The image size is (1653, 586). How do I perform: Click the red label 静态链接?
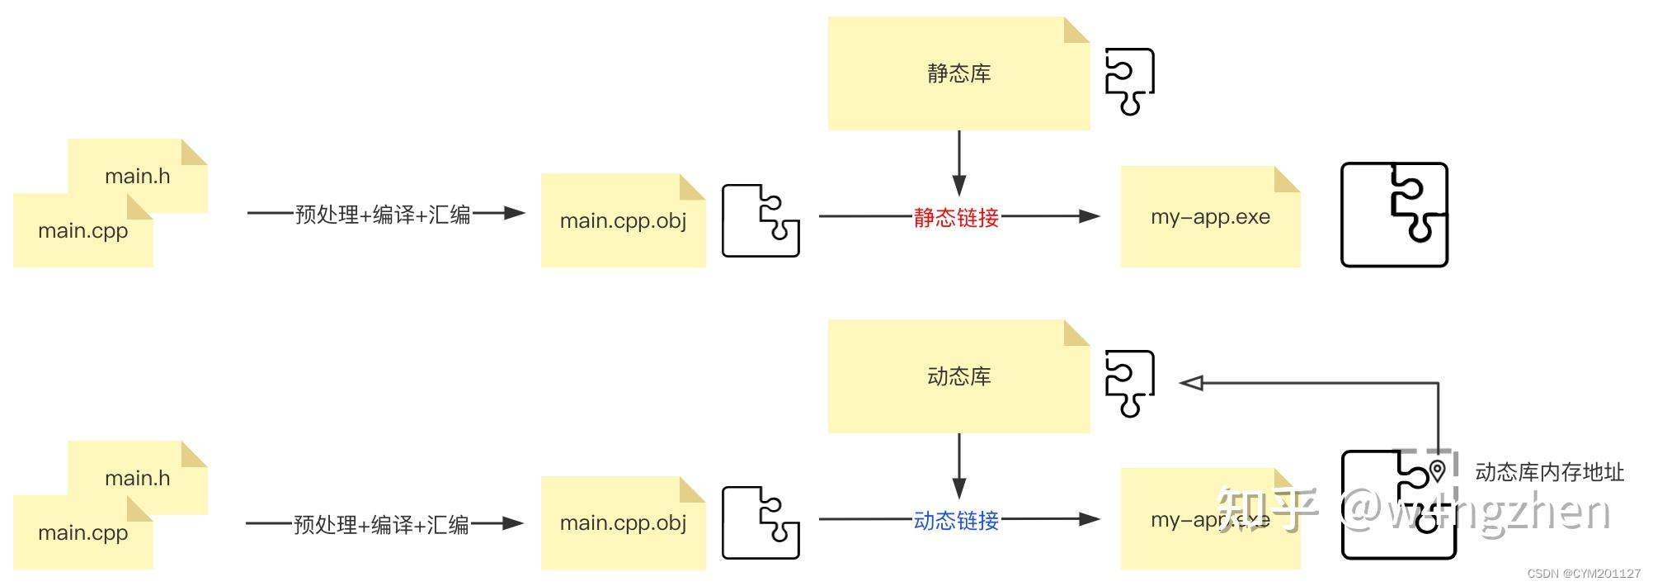956,218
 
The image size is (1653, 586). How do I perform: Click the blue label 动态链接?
956,521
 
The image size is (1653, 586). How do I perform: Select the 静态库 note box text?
958,73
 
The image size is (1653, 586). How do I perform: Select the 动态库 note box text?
958,376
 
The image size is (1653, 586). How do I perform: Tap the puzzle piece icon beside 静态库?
1129,81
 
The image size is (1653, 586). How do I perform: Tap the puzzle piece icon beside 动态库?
1129,383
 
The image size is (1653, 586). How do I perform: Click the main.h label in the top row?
137,176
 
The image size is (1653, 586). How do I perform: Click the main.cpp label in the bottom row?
82,532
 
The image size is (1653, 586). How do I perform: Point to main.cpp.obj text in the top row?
623,220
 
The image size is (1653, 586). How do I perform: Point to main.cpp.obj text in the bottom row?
623,522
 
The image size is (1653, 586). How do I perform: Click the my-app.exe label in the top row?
1210,217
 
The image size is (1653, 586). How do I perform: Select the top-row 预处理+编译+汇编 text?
383,215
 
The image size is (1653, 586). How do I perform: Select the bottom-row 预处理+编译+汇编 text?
381,524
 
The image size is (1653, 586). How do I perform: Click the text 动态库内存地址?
1549,472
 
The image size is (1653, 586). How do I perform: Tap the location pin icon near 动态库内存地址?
1438,470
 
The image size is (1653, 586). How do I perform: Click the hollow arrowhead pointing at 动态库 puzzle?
1191,383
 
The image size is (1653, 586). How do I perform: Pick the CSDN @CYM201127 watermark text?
1584,574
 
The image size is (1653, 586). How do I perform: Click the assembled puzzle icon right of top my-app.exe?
1394,215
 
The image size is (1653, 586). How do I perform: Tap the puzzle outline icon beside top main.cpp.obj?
761,220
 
